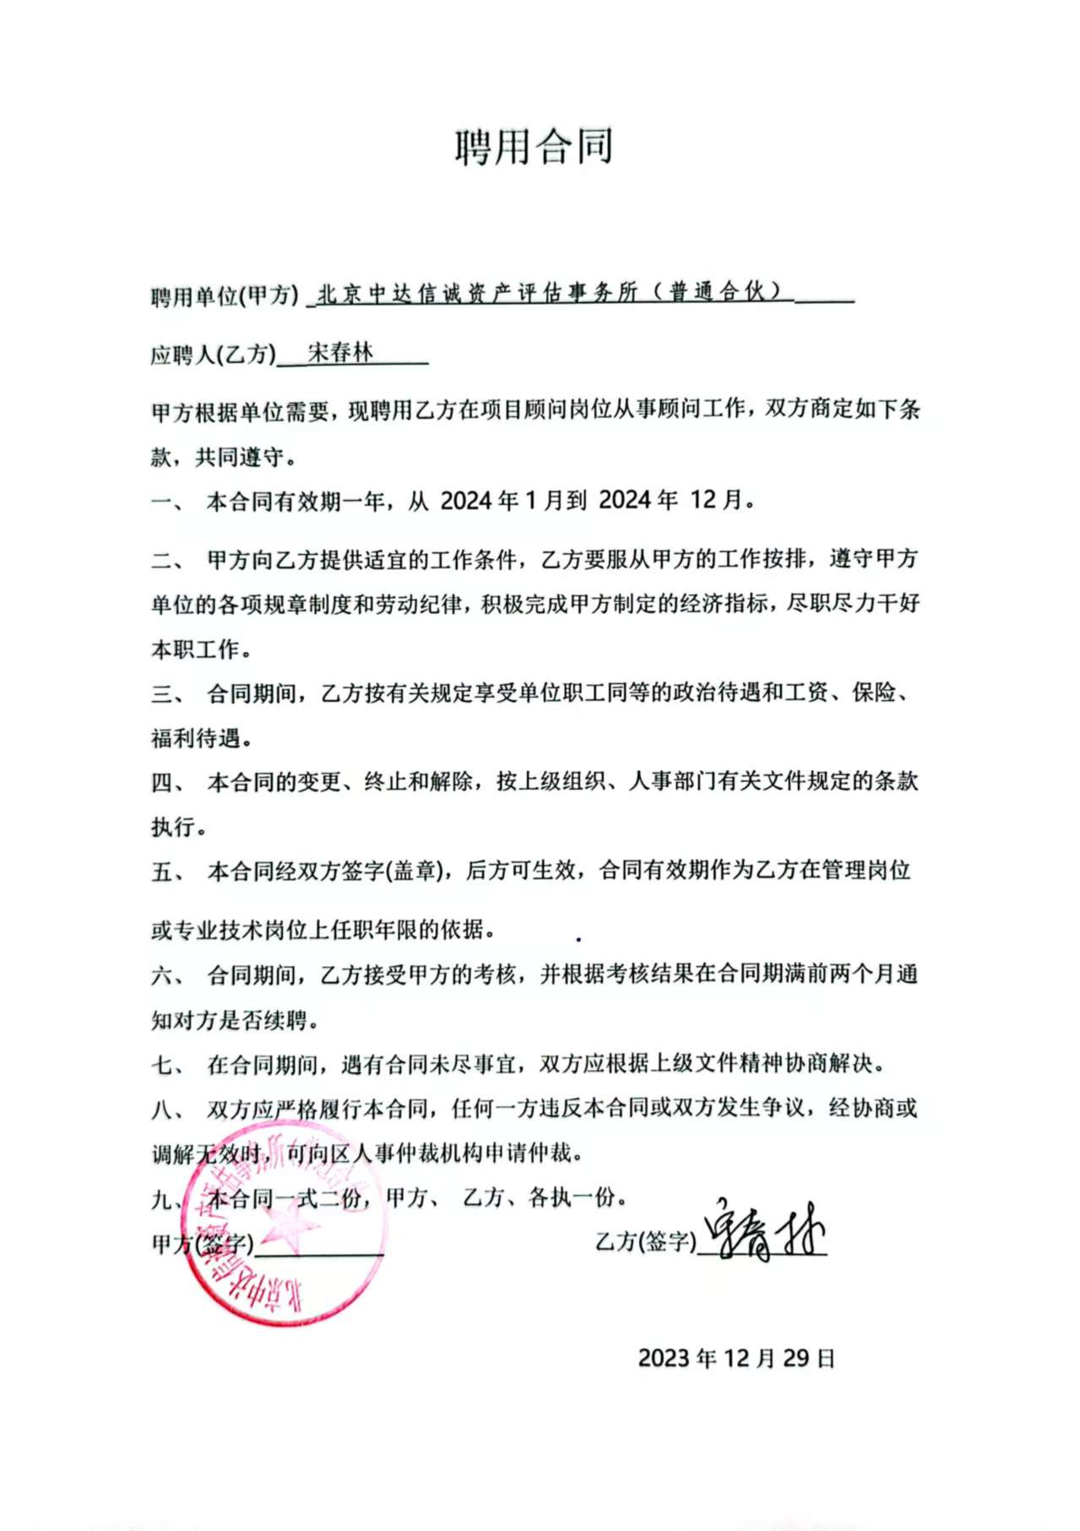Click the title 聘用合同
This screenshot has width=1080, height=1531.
click(x=534, y=147)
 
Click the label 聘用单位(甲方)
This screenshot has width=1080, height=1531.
click(x=225, y=296)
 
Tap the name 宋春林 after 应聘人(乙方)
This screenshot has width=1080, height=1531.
click(x=340, y=352)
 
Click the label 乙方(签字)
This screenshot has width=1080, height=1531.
click(x=645, y=1241)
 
